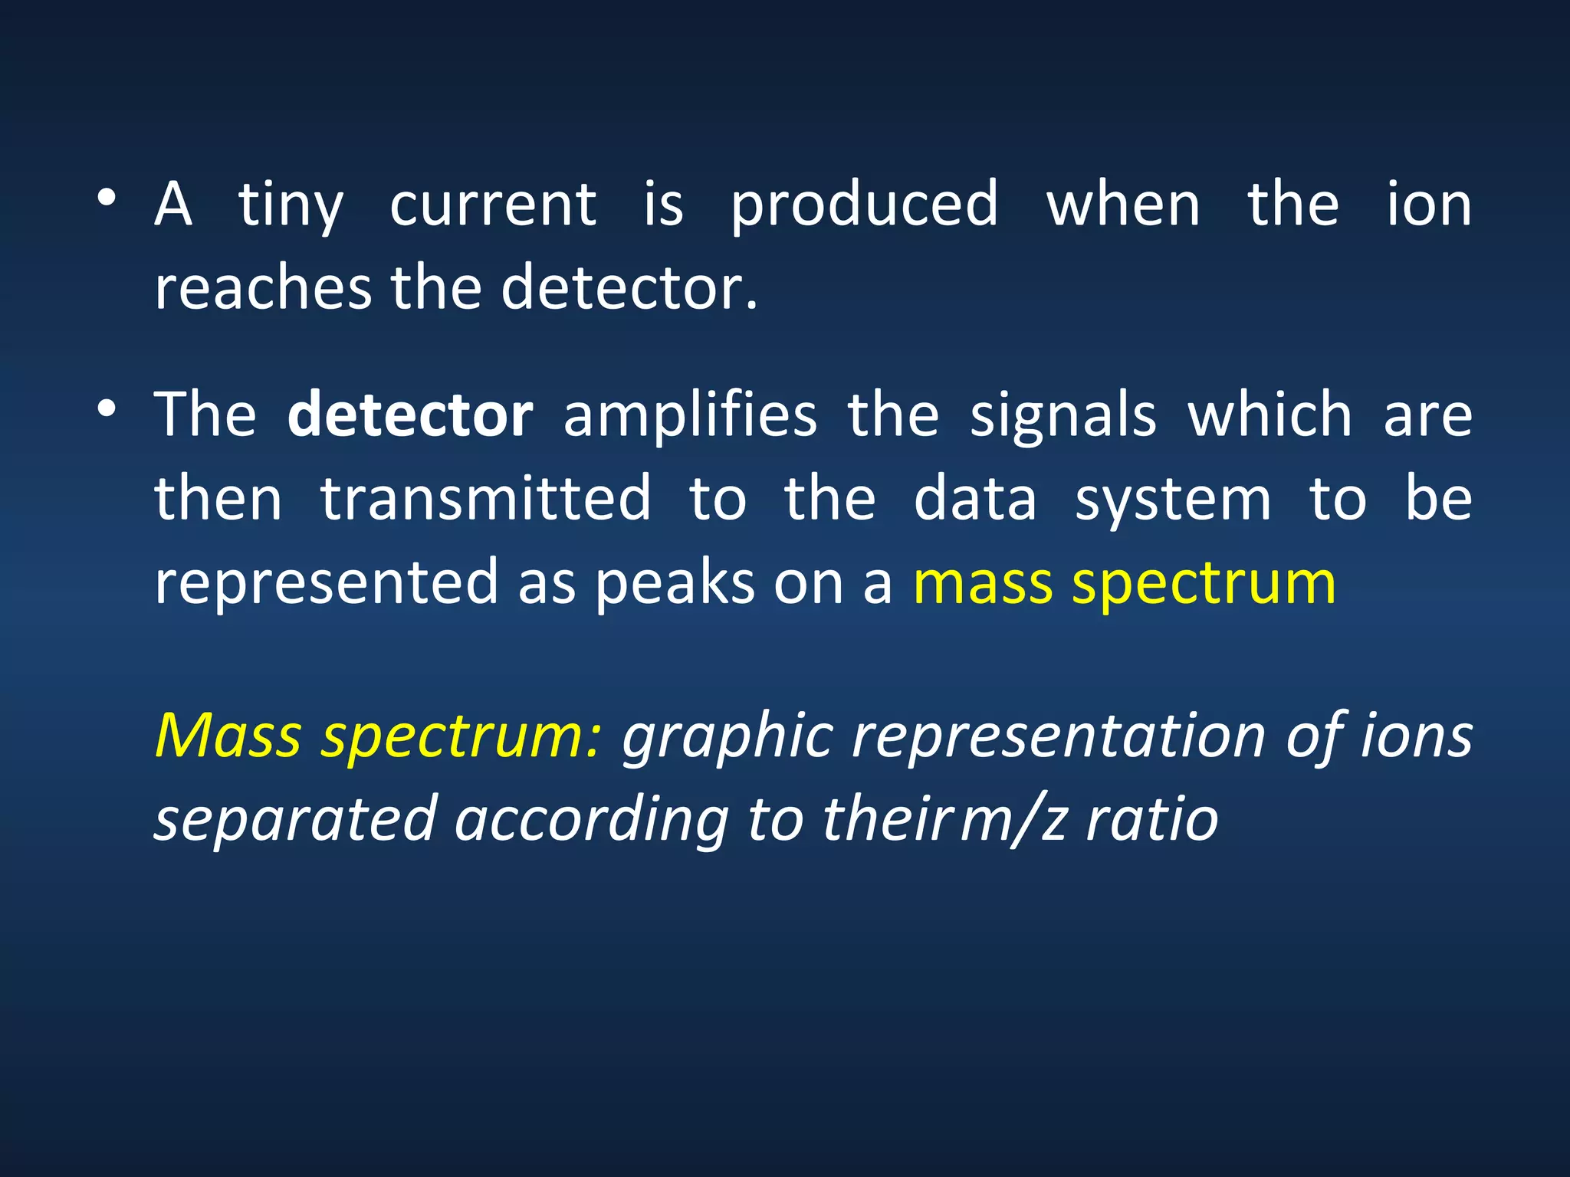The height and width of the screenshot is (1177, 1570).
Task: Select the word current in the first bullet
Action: (493, 205)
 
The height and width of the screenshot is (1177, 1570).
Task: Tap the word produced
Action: (864, 205)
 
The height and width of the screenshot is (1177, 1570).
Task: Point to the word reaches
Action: (263, 288)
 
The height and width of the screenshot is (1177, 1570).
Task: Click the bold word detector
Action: (410, 415)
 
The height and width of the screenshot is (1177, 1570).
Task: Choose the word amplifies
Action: (690, 415)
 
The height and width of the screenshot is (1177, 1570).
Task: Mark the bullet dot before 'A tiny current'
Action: (107, 198)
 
